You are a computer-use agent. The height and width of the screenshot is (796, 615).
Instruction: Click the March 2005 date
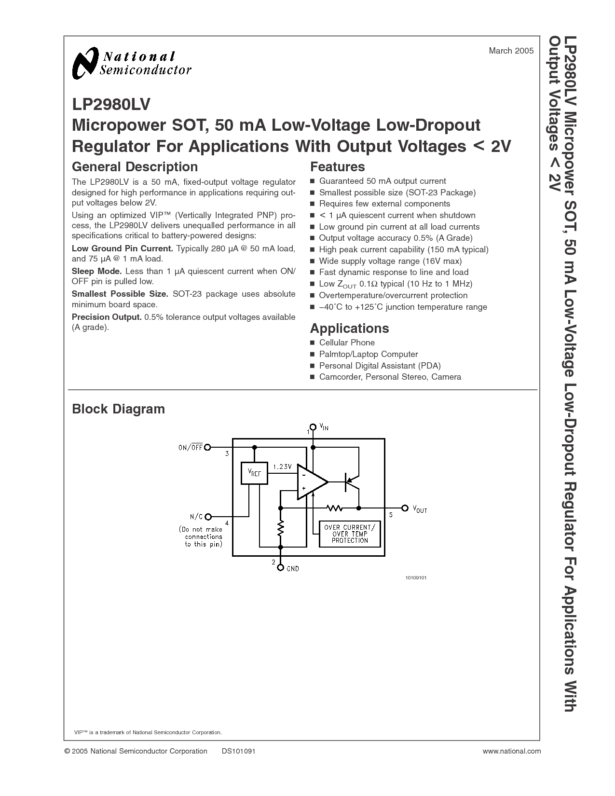pos(511,51)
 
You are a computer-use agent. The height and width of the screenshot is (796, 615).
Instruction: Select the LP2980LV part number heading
pos(111,104)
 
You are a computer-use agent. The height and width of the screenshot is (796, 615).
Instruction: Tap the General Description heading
pos(135,167)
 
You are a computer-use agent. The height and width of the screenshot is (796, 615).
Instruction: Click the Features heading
pos(337,167)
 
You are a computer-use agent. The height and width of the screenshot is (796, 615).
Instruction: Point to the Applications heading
pos(349,329)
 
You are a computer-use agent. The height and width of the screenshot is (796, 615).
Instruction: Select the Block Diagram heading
pos(118,409)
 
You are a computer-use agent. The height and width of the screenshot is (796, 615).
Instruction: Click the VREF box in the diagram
pos(254,473)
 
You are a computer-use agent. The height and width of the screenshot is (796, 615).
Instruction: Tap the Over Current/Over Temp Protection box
pos(350,534)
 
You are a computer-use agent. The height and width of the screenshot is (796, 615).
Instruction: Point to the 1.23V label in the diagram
pos(282,467)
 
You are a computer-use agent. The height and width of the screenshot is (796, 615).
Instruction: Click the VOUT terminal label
pos(419,509)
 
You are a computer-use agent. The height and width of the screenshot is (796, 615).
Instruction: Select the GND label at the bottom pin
pos(293,569)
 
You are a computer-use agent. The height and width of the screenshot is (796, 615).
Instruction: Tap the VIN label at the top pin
pos(324,427)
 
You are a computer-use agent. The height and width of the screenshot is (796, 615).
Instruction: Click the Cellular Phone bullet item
pos(346,343)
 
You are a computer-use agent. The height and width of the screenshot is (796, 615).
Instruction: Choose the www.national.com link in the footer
pos(511,751)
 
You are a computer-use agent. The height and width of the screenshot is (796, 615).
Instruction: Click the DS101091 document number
pos(238,751)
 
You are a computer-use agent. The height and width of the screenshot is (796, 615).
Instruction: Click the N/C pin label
pos(196,517)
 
